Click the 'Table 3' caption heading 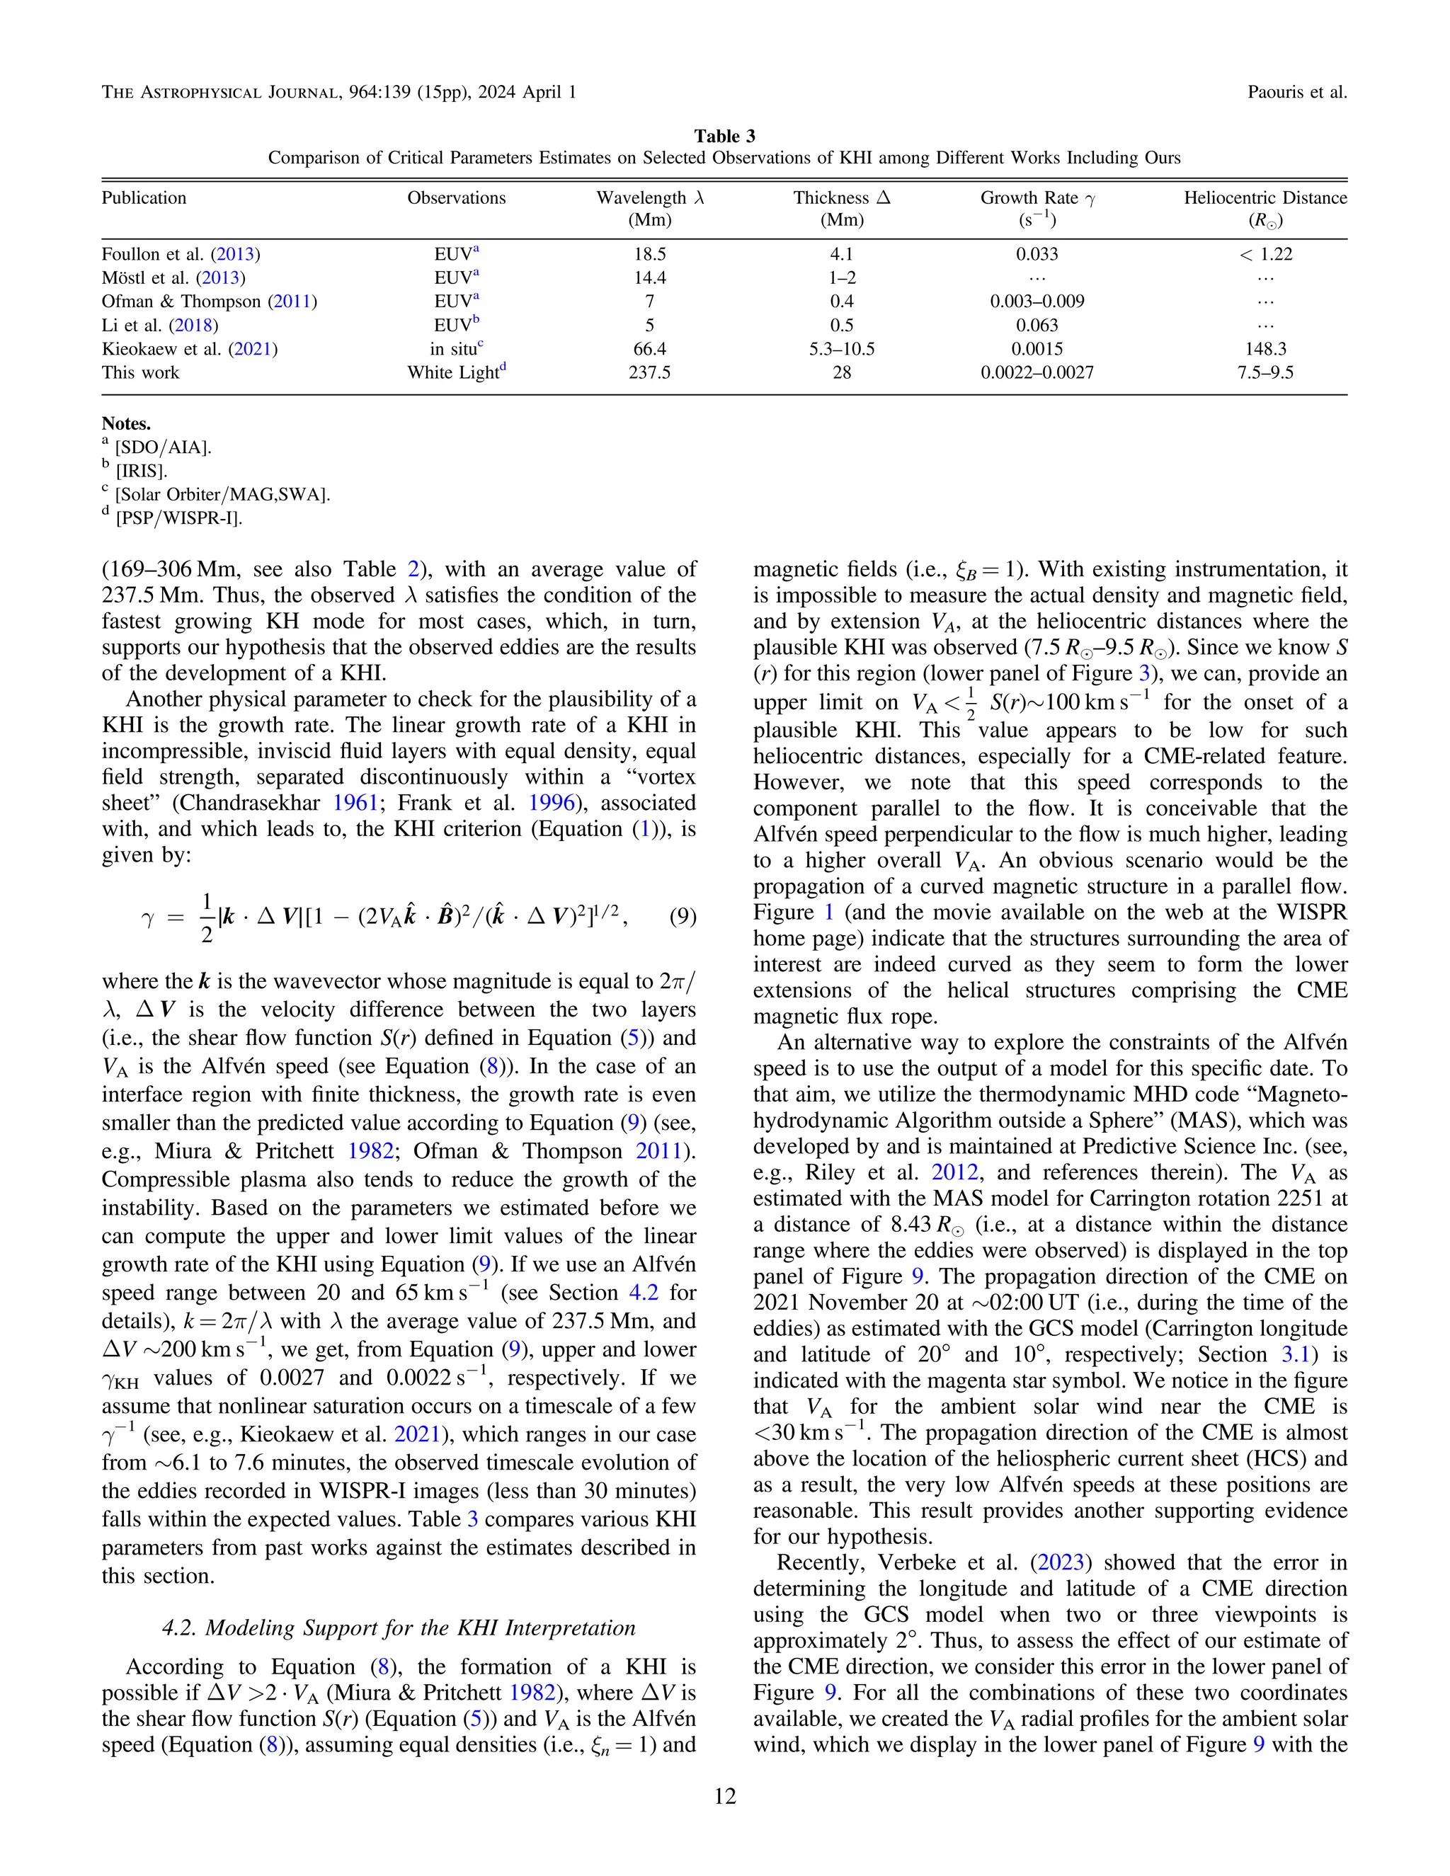(x=724, y=137)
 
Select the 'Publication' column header (x=144, y=198)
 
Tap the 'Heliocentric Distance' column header (x=1265, y=198)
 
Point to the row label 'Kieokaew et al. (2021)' (x=189, y=350)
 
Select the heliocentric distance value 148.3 (x=1265, y=350)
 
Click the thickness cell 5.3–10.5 (x=842, y=350)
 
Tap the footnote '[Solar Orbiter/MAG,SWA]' (x=222, y=495)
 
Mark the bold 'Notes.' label (x=126, y=423)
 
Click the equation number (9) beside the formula (x=682, y=917)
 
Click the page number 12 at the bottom (x=724, y=1797)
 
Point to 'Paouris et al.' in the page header (x=1297, y=92)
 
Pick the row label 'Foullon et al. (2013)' (x=181, y=254)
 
